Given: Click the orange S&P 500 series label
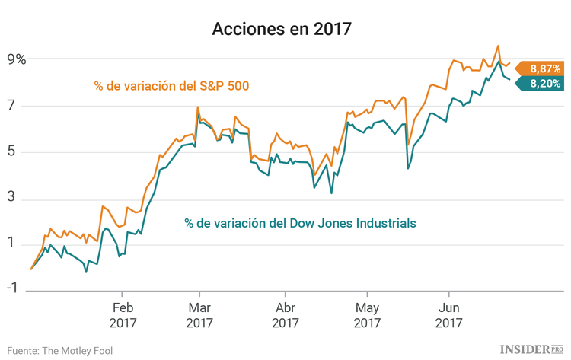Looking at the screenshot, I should [172, 85].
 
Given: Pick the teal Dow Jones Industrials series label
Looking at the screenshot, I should [300, 223].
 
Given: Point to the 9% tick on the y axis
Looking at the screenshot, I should [17, 59].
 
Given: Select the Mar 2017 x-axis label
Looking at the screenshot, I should [199, 315].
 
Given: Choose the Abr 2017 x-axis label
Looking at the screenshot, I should [285, 315].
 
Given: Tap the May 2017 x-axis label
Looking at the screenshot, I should [367, 315].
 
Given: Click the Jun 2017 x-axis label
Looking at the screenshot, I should [448, 315].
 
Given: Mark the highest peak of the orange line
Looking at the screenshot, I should [498, 46].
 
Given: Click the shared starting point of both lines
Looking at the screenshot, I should [30, 269].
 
